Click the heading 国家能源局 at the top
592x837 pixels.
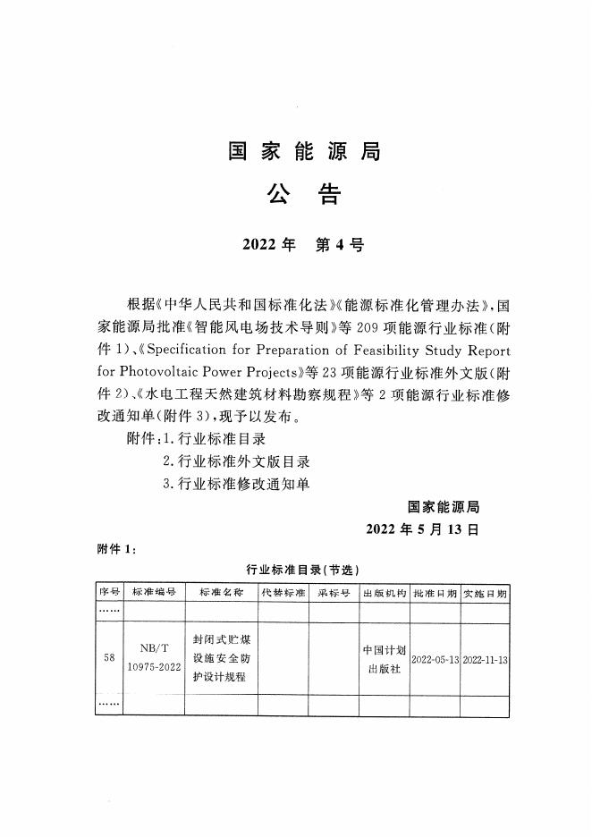coord(303,152)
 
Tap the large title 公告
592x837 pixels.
coord(303,196)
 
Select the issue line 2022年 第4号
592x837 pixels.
coord(303,244)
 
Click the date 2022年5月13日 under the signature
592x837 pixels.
coord(423,528)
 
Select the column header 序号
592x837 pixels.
coord(109,593)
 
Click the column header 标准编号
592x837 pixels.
coord(153,593)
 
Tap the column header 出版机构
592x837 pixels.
coord(385,593)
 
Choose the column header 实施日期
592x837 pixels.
coord(486,593)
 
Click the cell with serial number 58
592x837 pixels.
coord(109,658)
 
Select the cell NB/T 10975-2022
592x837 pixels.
coord(153,658)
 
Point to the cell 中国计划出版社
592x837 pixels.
coord(385,658)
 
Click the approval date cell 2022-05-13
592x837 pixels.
coord(435,659)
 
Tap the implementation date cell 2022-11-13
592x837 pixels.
coord(486,659)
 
